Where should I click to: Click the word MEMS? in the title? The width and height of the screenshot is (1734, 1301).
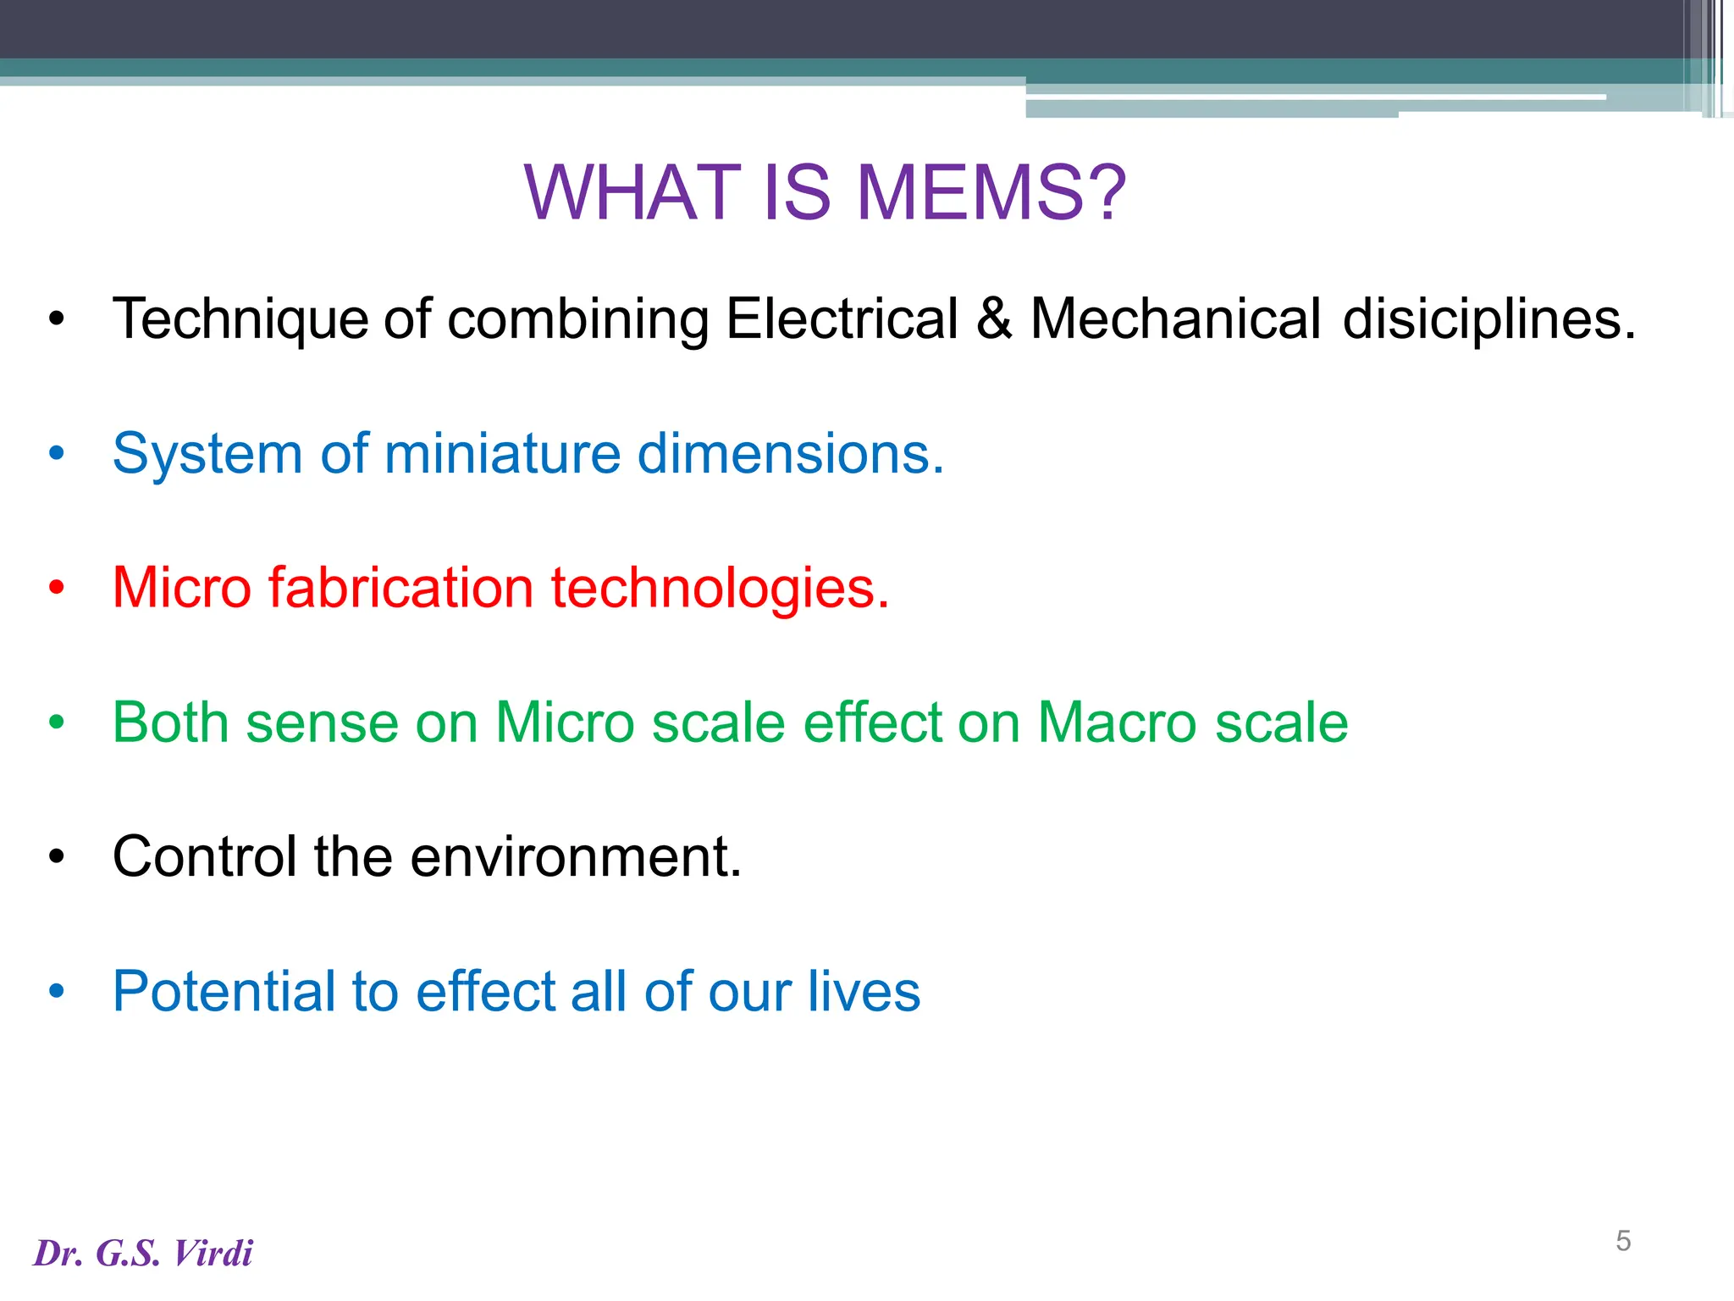pos(991,193)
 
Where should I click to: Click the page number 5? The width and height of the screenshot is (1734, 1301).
pos(1623,1241)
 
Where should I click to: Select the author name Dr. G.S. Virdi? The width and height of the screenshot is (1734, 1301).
pos(143,1254)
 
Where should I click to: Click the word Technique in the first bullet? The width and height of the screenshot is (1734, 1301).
pos(240,319)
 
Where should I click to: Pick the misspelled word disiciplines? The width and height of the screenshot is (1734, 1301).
pos(1489,319)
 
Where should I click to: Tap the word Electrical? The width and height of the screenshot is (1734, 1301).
pos(842,319)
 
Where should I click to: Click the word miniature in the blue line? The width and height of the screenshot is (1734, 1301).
pos(502,454)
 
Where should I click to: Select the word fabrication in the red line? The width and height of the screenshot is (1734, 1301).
pos(400,588)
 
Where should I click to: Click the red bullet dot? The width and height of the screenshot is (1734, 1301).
pos(57,588)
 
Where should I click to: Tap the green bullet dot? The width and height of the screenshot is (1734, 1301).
pos(57,722)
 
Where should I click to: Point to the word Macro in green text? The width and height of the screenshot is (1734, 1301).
pos(1118,722)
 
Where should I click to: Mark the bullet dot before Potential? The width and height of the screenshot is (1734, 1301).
pos(57,991)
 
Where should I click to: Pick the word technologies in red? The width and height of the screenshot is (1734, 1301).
pos(720,588)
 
